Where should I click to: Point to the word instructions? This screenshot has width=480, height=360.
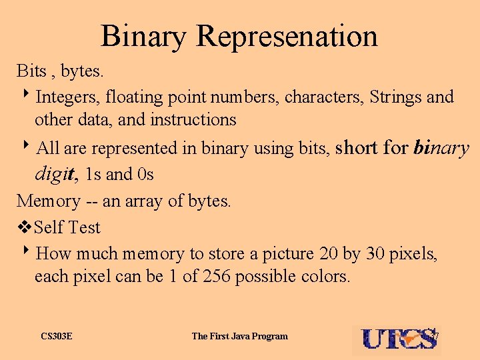click(x=193, y=120)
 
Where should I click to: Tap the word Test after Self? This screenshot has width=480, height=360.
click(x=84, y=227)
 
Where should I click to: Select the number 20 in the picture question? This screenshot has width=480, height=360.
click(x=328, y=254)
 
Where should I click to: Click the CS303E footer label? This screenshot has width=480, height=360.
click(x=57, y=336)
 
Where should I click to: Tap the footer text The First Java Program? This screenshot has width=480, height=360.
click(x=240, y=336)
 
